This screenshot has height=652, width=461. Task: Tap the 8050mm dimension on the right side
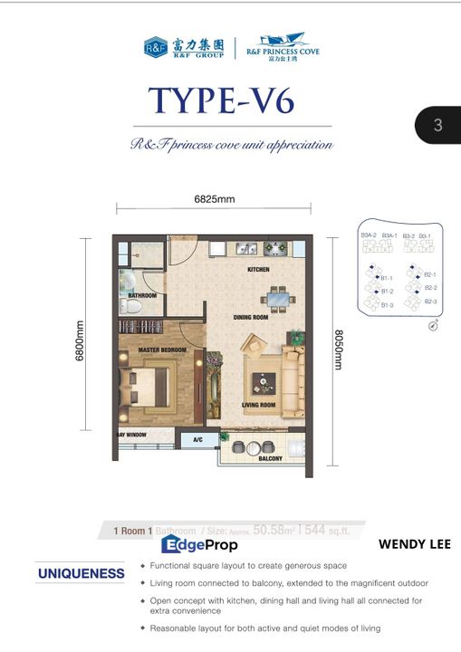pyautogui.click(x=338, y=349)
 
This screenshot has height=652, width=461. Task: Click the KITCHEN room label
pyautogui.click(x=260, y=270)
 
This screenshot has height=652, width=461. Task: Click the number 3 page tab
pyautogui.click(x=438, y=126)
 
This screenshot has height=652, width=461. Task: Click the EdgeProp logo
pyautogui.click(x=199, y=544)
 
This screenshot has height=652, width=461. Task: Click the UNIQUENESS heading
pyautogui.click(x=81, y=573)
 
